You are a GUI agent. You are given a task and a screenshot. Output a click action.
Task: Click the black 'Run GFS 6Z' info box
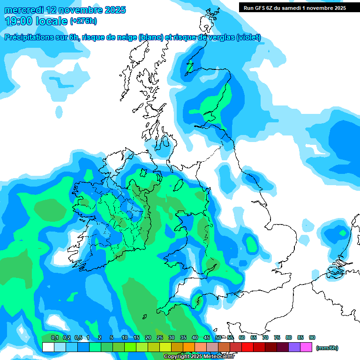click(x=295, y=7)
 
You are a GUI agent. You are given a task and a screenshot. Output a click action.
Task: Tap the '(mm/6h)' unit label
click(x=327, y=348)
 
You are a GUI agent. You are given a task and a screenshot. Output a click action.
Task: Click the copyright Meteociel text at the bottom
click(x=199, y=357)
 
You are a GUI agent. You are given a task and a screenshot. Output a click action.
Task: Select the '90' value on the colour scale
click(x=312, y=337)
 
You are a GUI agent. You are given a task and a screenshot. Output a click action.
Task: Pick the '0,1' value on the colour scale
click(x=54, y=337)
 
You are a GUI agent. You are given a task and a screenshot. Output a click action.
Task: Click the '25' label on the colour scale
click(x=160, y=337)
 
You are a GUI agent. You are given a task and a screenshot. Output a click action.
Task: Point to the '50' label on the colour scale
click(x=218, y=337)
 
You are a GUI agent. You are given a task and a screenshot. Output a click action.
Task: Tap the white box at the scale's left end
click(x=48, y=347)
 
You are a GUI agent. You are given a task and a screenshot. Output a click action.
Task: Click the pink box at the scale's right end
click(x=306, y=347)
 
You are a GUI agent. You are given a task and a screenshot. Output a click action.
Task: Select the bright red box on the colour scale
click(x=247, y=347)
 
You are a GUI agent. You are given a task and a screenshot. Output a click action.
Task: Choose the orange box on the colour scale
click(x=189, y=347)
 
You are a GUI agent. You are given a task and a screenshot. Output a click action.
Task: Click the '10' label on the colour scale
click(x=125, y=337)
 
